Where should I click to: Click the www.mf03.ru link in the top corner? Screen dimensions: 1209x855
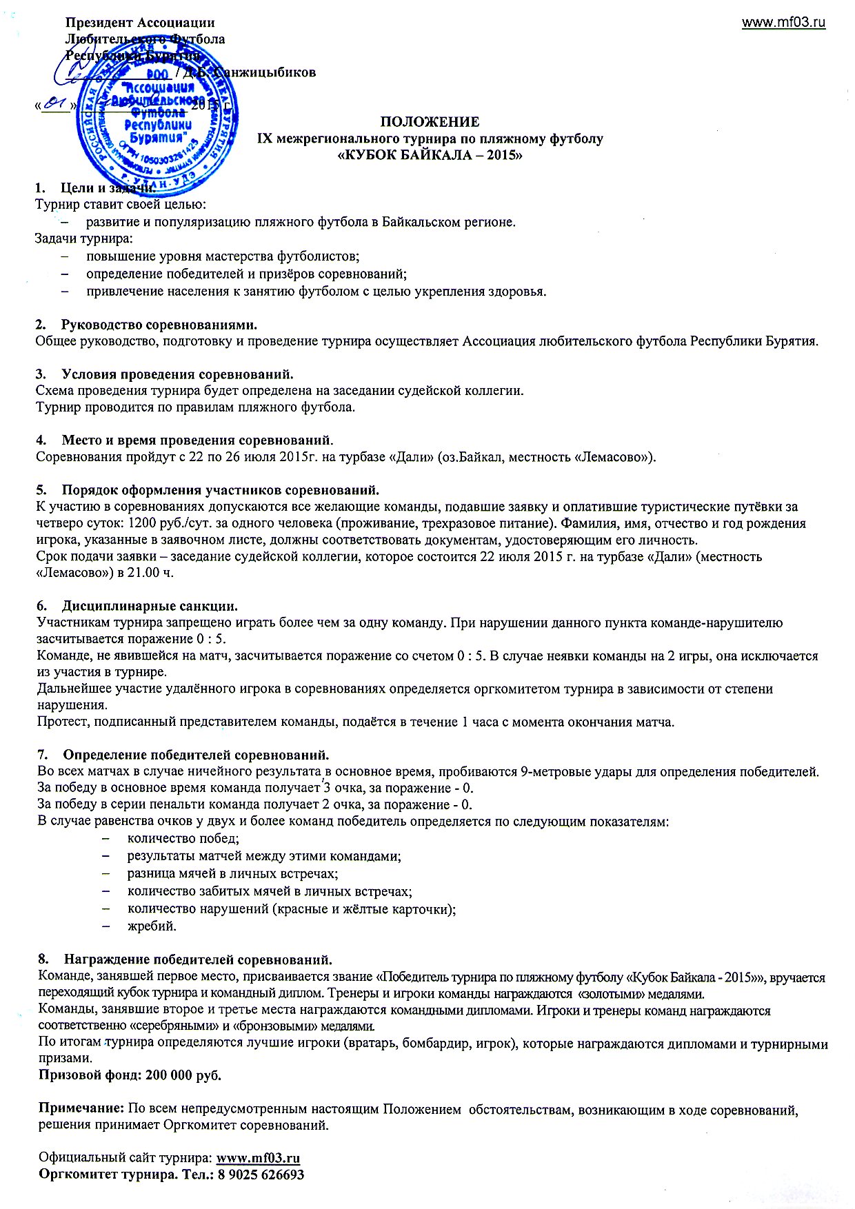783,23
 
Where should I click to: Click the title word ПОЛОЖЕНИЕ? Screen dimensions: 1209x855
430,122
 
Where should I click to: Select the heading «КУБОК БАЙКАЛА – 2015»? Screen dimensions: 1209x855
430,155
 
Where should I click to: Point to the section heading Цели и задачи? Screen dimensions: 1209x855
107,188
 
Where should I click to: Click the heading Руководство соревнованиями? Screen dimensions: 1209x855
159,324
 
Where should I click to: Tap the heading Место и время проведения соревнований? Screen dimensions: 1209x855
197,440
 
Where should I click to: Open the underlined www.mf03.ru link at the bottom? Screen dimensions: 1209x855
258,1158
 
